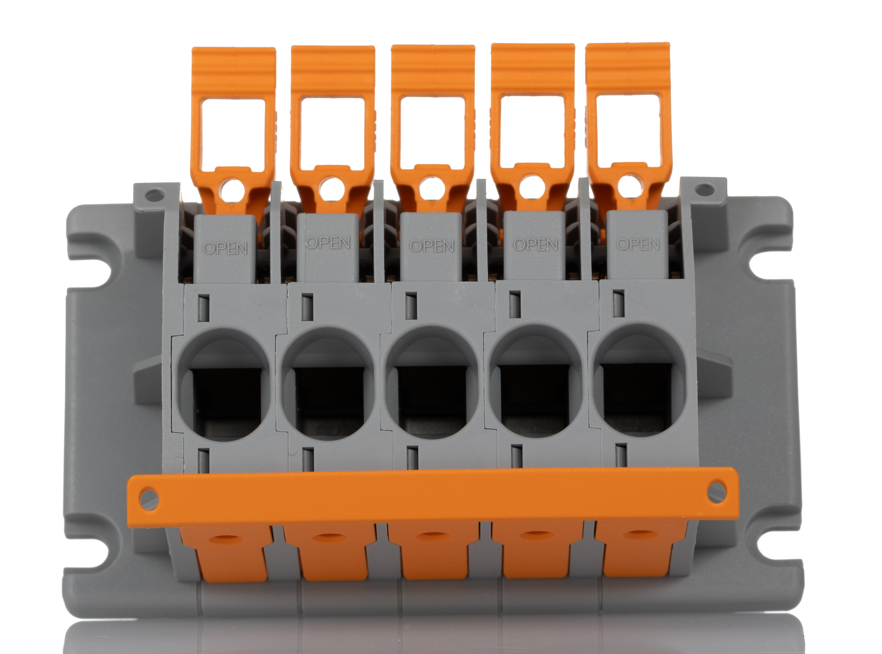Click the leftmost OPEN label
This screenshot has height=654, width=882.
[x=225, y=248]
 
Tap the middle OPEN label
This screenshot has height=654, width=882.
[x=431, y=246]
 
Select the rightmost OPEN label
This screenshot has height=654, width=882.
[x=638, y=244]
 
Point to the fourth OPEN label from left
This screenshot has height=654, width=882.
[x=535, y=244]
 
